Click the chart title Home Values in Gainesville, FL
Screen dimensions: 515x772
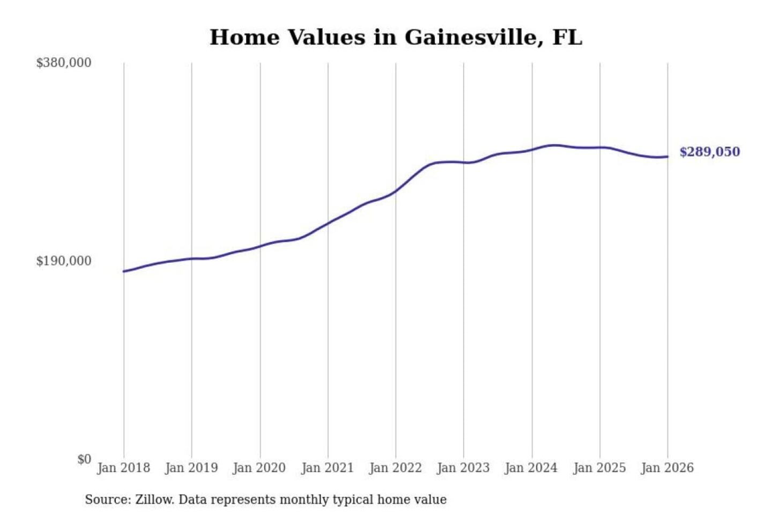pos(396,38)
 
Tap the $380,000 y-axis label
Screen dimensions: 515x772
pos(64,63)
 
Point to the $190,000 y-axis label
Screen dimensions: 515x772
pos(64,261)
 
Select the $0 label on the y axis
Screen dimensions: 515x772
pos(84,459)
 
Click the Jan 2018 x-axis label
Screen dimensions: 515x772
pos(123,468)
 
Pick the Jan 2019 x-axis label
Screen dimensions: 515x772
pos(191,468)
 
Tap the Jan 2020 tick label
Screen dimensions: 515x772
pos(259,468)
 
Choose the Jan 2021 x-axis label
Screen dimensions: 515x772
pos(328,468)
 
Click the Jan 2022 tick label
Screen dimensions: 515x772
pos(396,468)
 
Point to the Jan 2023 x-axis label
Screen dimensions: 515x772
pos(464,468)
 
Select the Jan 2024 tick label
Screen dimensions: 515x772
pos(531,468)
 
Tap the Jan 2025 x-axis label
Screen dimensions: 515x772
pos(599,468)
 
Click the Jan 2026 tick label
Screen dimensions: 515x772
pos(667,468)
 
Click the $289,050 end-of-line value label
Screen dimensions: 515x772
pos(710,152)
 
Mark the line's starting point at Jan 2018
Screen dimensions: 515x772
pos(124,271)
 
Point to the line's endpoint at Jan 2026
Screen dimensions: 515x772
pos(667,157)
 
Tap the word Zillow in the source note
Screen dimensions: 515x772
pos(154,500)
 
